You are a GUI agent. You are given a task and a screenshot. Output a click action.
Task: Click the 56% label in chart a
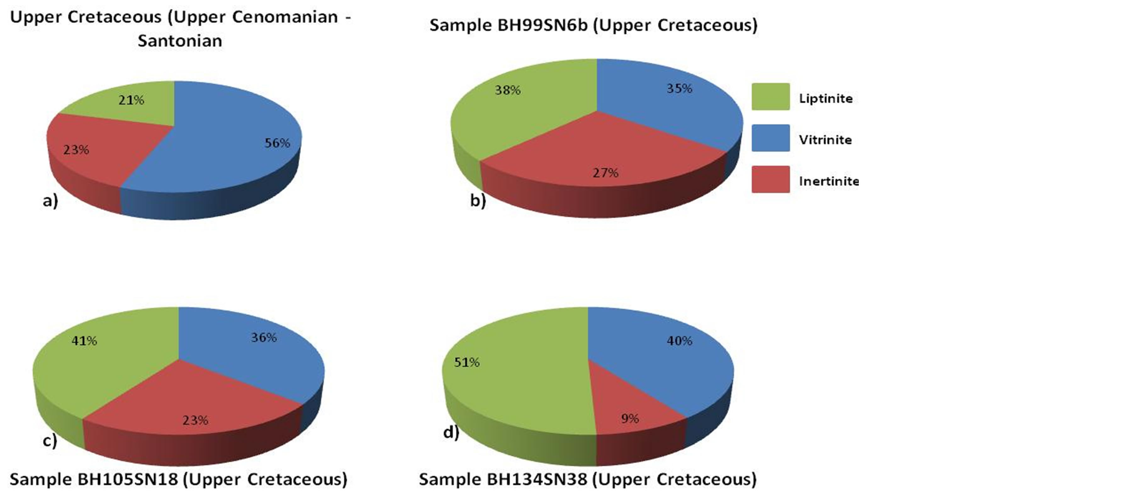(277, 143)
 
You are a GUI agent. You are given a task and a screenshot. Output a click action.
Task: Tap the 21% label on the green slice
(131, 100)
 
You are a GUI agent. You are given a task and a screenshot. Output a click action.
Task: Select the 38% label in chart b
(508, 90)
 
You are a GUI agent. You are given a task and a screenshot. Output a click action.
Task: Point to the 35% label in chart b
(679, 89)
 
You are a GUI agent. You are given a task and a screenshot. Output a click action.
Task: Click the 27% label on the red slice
(605, 173)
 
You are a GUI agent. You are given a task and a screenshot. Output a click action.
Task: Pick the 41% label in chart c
(84, 341)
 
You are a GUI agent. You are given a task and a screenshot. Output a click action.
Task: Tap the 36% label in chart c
(264, 338)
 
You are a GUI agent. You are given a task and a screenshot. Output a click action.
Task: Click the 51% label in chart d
(467, 362)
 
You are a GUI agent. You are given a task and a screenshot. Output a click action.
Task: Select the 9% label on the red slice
(630, 419)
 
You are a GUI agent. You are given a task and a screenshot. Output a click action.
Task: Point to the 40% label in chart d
(679, 341)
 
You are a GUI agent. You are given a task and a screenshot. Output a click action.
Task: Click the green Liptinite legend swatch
(770, 97)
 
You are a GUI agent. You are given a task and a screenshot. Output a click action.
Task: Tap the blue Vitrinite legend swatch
(770, 138)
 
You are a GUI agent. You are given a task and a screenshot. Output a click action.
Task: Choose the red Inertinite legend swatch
(770, 179)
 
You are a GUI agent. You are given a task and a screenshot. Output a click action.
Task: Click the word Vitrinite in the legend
(825, 140)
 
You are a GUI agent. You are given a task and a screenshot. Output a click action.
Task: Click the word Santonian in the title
(180, 41)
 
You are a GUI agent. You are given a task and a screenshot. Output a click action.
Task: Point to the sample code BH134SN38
(537, 479)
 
